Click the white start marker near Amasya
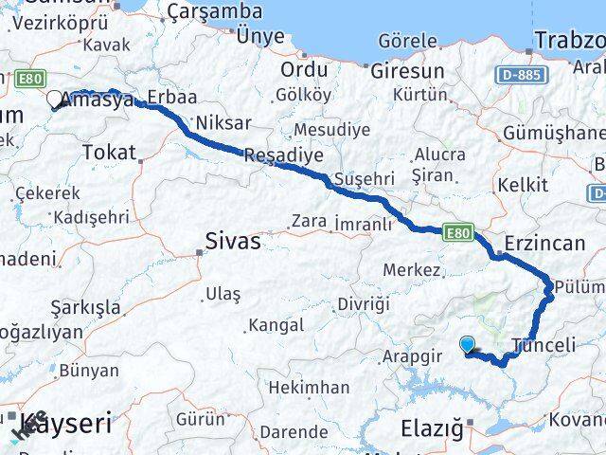(x=54, y=98)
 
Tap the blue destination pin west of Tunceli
(x=467, y=346)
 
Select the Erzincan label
(x=545, y=243)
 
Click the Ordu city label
(x=304, y=70)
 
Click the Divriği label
(x=363, y=303)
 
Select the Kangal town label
(x=276, y=325)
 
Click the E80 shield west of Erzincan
(x=457, y=230)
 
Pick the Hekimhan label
(x=309, y=388)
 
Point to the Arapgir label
(x=414, y=356)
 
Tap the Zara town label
(x=309, y=221)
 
